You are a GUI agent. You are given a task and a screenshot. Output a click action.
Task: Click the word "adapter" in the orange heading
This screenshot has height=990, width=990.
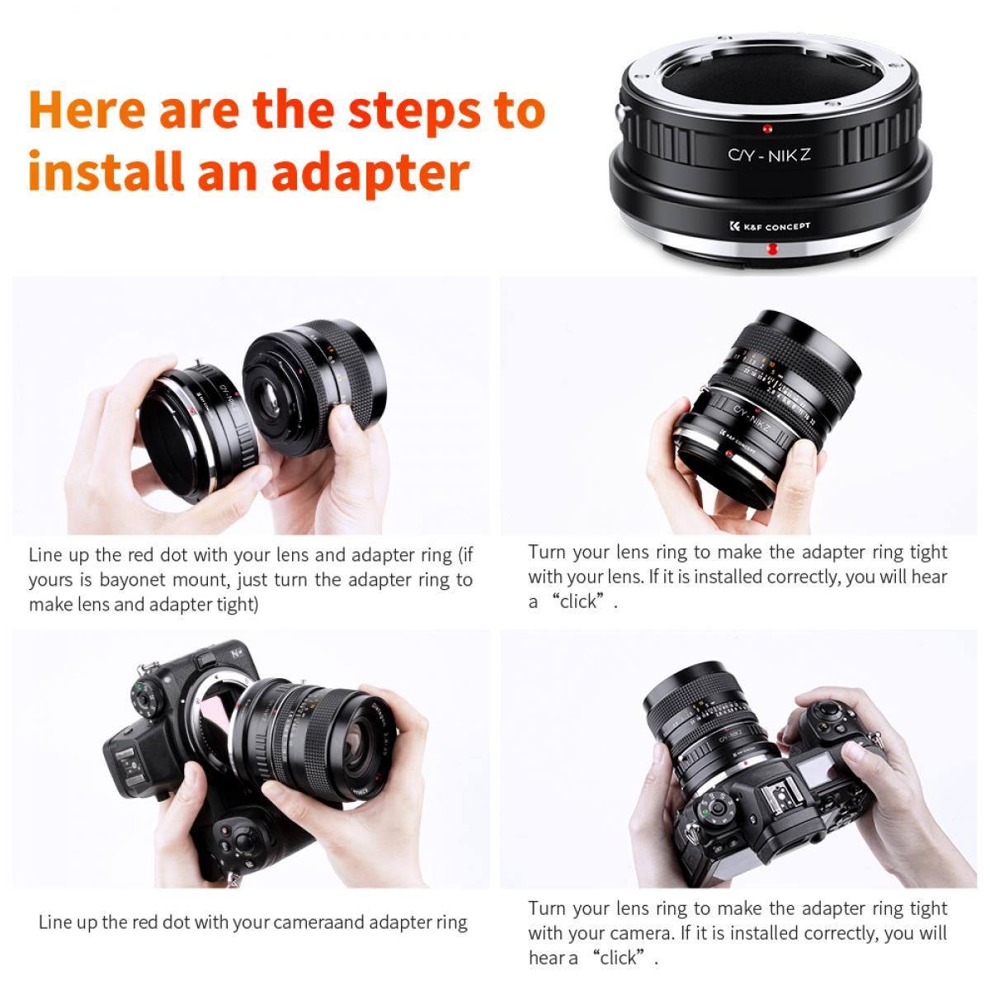pyautogui.click(x=370, y=172)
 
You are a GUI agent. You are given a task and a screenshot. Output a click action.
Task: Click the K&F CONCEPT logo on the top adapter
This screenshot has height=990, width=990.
pyautogui.click(x=771, y=226)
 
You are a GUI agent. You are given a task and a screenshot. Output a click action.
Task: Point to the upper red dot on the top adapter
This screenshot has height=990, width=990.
pyautogui.click(x=767, y=129)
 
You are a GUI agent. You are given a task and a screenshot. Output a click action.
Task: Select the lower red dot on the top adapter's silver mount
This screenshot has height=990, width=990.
pyautogui.click(x=772, y=248)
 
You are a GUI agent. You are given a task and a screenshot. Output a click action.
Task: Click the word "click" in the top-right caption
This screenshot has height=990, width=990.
pyautogui.click(x=577, y=601)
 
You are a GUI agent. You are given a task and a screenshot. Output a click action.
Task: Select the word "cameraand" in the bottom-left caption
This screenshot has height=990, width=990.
pyautogui.click(x=318, y=922)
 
